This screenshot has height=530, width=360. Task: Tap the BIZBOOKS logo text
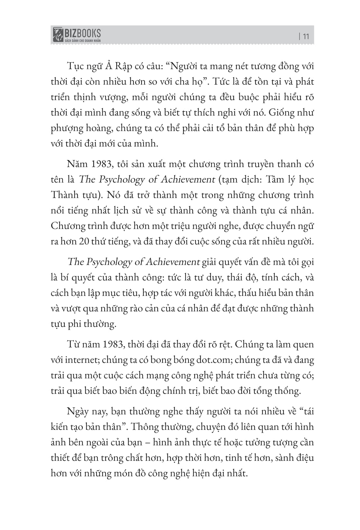click(83, 33)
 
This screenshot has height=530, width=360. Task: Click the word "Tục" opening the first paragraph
click(75, 67)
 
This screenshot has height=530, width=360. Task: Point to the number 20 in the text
click(84, 241)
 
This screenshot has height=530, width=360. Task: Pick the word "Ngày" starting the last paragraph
click(77, 412)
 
